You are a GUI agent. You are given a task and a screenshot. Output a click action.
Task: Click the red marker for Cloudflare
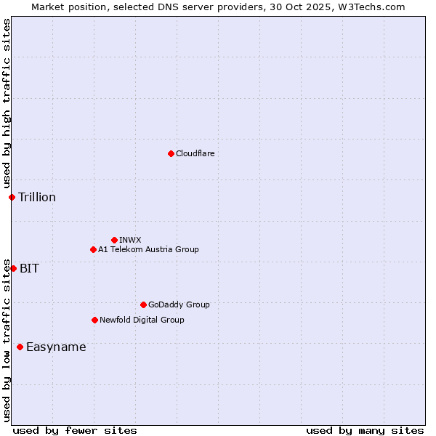click(171, 153)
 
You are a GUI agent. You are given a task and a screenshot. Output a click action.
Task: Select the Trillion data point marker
click(12, 197)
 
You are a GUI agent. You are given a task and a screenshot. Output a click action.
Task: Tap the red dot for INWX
click(114, 240)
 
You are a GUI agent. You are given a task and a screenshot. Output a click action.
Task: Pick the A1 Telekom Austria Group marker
click(93, 249)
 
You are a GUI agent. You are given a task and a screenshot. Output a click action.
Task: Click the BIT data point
click(13, 268)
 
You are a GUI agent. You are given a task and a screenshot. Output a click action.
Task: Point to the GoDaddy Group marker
click(143, 304)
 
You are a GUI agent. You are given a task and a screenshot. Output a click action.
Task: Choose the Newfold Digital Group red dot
click(94, 320)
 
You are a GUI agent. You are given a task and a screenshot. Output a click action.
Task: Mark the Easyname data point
click(20, 347)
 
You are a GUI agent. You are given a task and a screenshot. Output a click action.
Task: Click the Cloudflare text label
click(195, 153)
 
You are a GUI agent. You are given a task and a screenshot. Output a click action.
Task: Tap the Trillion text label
click(37, 197)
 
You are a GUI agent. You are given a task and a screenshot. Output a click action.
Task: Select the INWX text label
click(130, 240)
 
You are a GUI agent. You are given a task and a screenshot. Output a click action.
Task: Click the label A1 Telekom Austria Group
click(148, 249)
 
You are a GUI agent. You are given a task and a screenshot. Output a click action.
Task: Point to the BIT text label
click(29, 268)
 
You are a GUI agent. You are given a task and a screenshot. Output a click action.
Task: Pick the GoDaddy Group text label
click(179, 304)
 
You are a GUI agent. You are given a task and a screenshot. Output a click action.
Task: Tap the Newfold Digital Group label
click(142, 320)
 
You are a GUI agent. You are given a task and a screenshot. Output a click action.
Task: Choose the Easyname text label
click(56, 347)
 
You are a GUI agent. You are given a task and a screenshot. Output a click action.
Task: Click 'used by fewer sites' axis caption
click(75, 430)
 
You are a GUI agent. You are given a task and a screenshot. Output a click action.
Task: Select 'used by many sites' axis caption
click(365, 430)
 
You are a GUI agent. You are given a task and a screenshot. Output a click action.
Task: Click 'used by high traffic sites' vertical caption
click(7, 104)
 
